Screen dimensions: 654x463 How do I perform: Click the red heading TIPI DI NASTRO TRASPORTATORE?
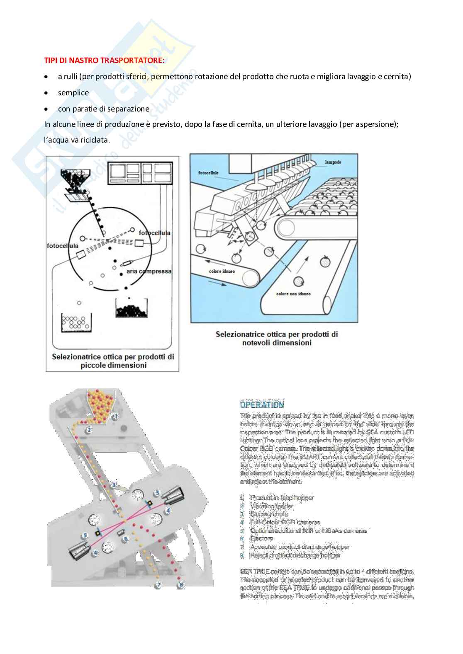point(104,61)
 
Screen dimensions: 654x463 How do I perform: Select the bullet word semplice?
point(73,93)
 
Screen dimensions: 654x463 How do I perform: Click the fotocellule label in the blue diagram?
point(208,172)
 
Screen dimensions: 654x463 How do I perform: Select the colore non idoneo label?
point(293,294)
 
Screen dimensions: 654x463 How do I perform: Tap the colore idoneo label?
point(222,271)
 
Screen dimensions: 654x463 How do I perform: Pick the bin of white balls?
point(76,322)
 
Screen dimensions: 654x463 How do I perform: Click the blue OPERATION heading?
point(262,405)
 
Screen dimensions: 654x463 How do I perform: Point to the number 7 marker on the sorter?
point(158,586)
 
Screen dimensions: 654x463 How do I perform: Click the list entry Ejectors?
point(261,539)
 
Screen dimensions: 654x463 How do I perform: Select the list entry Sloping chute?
point(269,514)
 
